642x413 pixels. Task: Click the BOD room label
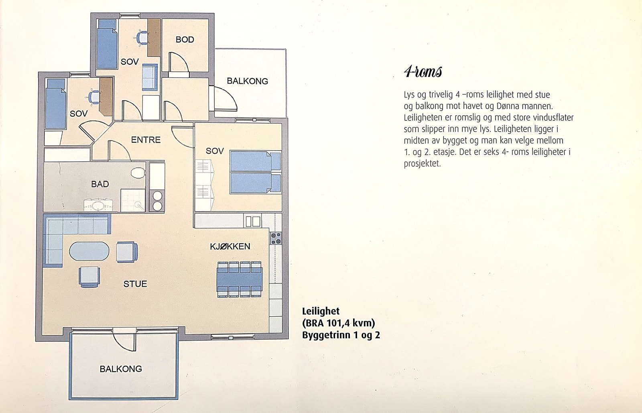185,40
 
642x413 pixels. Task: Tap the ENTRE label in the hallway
146,140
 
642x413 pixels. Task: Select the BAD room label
100,184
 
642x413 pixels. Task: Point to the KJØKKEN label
230,246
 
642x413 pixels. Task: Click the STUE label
135,284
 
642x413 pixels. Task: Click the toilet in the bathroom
138,173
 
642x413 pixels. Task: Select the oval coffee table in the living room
89,251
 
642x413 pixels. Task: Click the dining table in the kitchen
240,279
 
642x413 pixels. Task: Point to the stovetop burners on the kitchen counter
276,238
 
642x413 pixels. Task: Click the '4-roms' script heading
423,72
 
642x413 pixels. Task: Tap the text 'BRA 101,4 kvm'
339,323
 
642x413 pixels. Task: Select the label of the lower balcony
121,369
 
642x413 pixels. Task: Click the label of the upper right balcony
247,81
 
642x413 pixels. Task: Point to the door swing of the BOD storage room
178,62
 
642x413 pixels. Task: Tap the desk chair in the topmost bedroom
142,38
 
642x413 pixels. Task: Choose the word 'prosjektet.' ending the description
422,164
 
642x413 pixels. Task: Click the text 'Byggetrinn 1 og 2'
341,335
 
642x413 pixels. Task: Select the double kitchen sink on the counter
252,221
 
